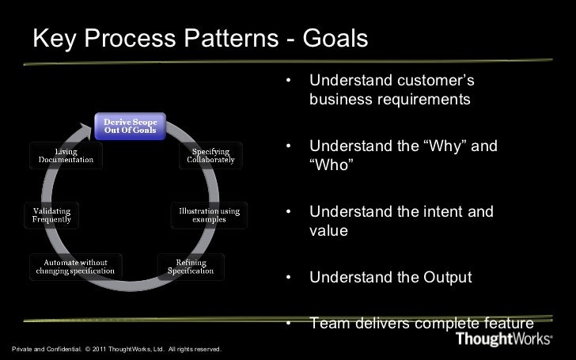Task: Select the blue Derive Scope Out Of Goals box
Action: click(131, 125)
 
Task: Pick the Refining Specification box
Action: click(191, 267)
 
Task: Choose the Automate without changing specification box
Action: click(77, 267)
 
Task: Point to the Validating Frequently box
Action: click(52, 214)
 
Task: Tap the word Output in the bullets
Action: click(445, 278)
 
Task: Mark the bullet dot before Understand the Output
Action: click(290, 279)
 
